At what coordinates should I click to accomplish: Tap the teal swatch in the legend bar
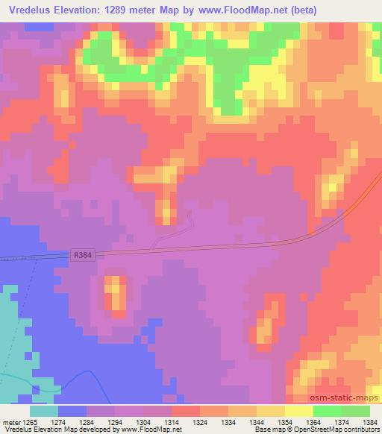(44, 411)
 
